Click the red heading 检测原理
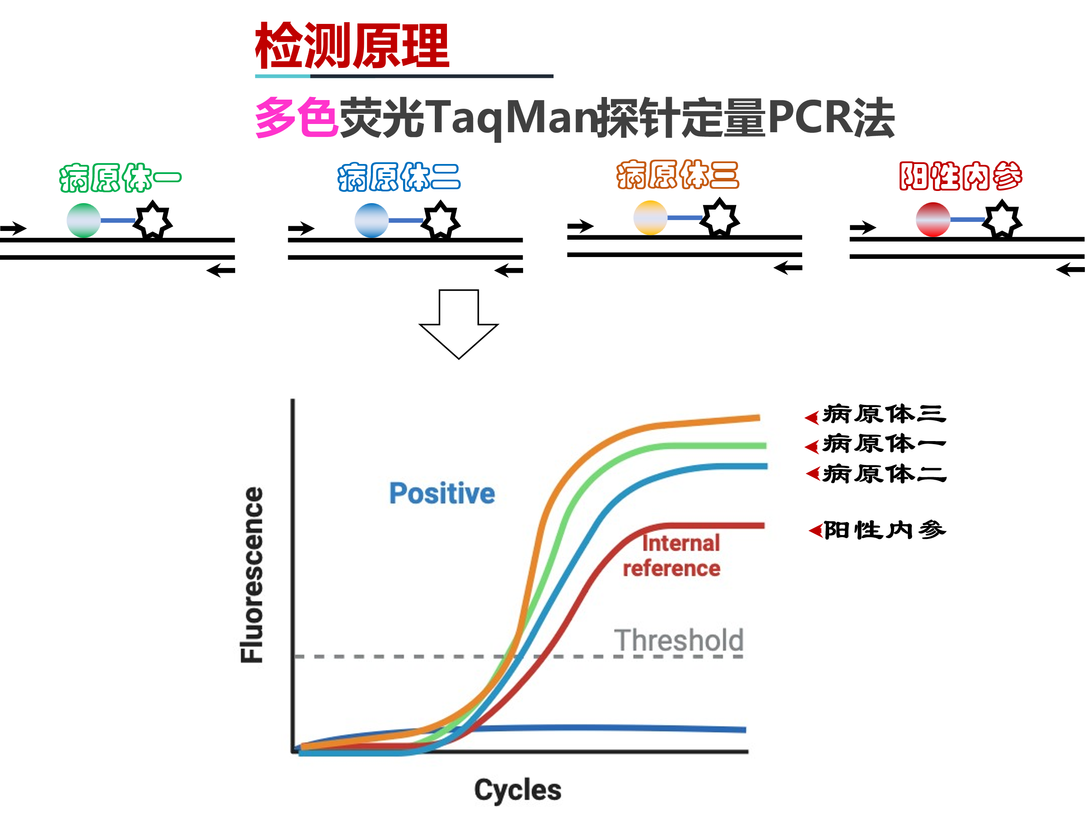(352, 45)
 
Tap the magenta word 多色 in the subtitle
(297, 117)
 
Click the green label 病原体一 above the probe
(120, 177)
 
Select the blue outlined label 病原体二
(399, 177)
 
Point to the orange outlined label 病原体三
(678, 174)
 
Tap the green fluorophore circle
(83, 220)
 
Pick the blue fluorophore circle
(371, 220)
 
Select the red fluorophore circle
(933, 219)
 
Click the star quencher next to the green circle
(153, 220)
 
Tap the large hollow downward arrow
(458, 324)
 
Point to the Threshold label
(679, 640)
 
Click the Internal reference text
(672, 555)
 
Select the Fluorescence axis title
(252, 575)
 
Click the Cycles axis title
(517, 790)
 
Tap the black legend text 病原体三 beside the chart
(884, 414)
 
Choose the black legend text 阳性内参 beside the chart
(884, 530)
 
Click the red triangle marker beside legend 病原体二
(813, 474)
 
